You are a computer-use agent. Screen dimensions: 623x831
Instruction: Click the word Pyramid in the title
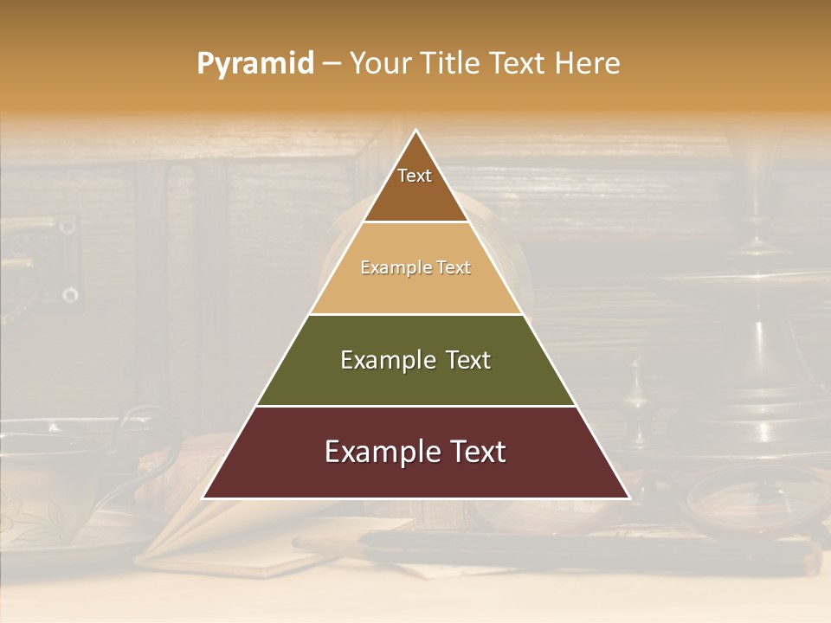tap(254, 64)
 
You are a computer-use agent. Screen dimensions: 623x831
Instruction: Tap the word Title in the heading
tap(452, 63)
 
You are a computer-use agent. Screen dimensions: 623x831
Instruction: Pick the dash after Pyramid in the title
tap(332, 64)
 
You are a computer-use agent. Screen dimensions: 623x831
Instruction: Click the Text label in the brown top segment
tap(415, 176)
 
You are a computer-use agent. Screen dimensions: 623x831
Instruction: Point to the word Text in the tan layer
tap(454, 268)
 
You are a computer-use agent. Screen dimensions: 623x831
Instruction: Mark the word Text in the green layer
tap(469, 360)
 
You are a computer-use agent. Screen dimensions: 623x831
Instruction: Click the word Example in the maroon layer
tap(382, 452)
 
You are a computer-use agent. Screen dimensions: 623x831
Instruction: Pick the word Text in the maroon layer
tap(478, 452)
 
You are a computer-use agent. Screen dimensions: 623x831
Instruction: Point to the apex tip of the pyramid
tap(415, 131)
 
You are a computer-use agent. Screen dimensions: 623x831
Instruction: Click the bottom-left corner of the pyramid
tap(204, 498)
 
